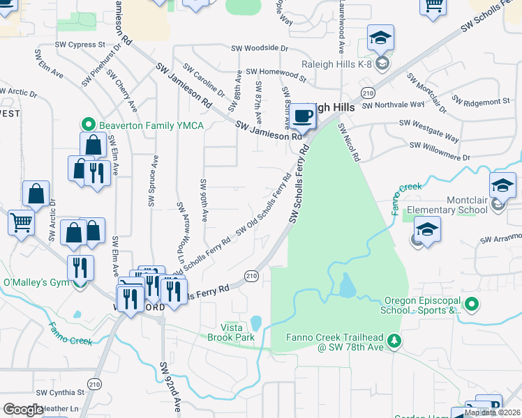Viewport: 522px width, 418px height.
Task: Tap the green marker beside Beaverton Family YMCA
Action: click(89, 125)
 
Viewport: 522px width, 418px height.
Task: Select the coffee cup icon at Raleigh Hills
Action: click(302, 116)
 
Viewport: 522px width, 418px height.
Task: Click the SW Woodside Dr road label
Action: click(260, 48)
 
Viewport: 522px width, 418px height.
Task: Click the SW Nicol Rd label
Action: click(349, 143)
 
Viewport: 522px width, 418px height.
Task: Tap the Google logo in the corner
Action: click(24, 410)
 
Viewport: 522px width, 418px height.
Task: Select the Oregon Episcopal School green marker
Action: click(471, 304)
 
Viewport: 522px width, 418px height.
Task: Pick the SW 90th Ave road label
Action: click(203, 200)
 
